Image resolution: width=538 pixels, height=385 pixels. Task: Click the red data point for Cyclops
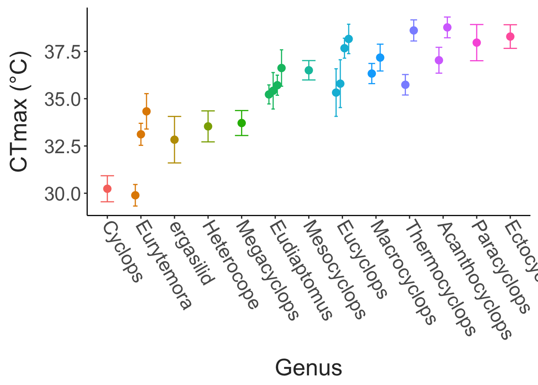click(x=107, y=188)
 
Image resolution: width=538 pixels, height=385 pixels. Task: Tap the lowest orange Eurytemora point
click(x=135, y=195)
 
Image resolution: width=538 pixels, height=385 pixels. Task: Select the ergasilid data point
click(x=175, y=140)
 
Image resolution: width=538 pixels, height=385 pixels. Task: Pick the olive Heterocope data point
click(x=208, y=126)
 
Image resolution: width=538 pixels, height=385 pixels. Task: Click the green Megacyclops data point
click(x=242, y=123)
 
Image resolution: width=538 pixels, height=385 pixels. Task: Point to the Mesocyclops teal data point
click(x=309, y=70)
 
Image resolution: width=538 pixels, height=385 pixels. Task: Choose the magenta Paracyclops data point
click(x=477, y=43)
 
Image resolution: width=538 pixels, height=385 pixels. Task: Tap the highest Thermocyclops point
click(x=414, y=30)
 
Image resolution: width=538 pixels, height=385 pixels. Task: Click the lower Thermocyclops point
click(x=406, y=85)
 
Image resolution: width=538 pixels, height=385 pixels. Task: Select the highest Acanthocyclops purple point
click(x=448, y=27)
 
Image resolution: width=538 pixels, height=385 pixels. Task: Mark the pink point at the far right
click(x=510, y=36)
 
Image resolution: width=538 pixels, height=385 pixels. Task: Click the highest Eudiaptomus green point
click(x=281, y=68)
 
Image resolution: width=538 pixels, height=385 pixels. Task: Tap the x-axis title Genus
click(x=309, y=368)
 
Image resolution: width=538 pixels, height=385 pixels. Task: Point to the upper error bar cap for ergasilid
click(x=175, y=116)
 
